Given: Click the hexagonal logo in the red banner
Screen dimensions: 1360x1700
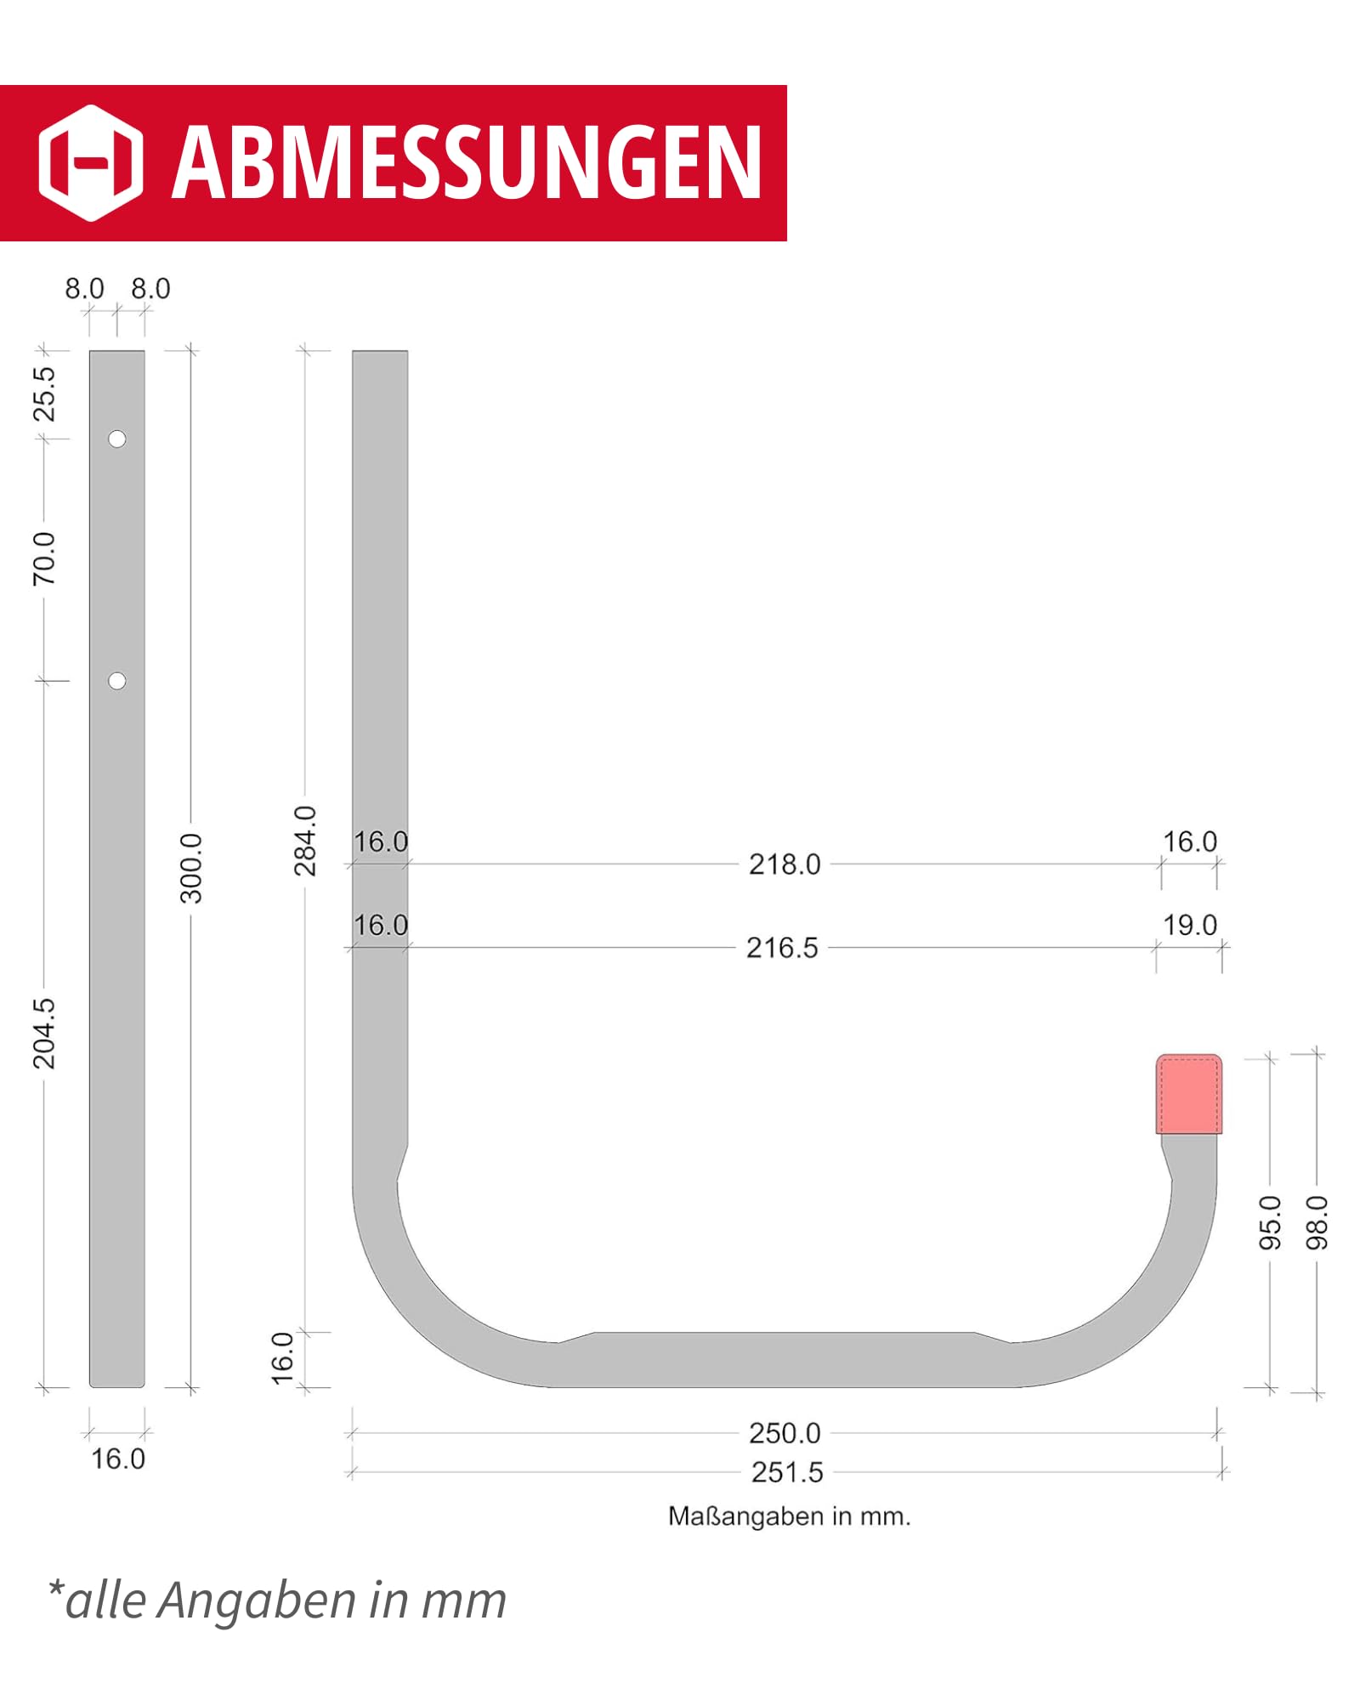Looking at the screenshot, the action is coord(91,163).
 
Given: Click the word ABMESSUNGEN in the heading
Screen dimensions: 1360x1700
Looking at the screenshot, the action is coord(467,163).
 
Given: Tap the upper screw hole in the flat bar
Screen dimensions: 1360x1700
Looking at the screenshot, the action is coord(117,439).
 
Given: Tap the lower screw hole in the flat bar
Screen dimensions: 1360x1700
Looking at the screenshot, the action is coord(117,681).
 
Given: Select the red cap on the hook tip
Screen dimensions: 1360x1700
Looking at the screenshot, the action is coord(1188,1094).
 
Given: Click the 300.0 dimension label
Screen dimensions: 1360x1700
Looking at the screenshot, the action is coord(192,868).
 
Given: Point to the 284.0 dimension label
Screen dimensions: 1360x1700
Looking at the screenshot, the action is coord(305,841).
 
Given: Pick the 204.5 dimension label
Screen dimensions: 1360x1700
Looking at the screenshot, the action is coord(44,1034).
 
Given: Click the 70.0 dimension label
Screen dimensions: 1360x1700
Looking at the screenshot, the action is coord(44,558).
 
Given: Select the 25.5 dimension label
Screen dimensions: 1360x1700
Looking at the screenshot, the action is coord(44,394).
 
